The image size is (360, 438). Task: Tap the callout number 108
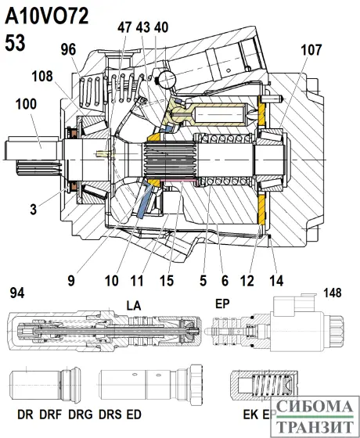point(44,77)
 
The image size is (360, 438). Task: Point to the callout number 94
point(17,293)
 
